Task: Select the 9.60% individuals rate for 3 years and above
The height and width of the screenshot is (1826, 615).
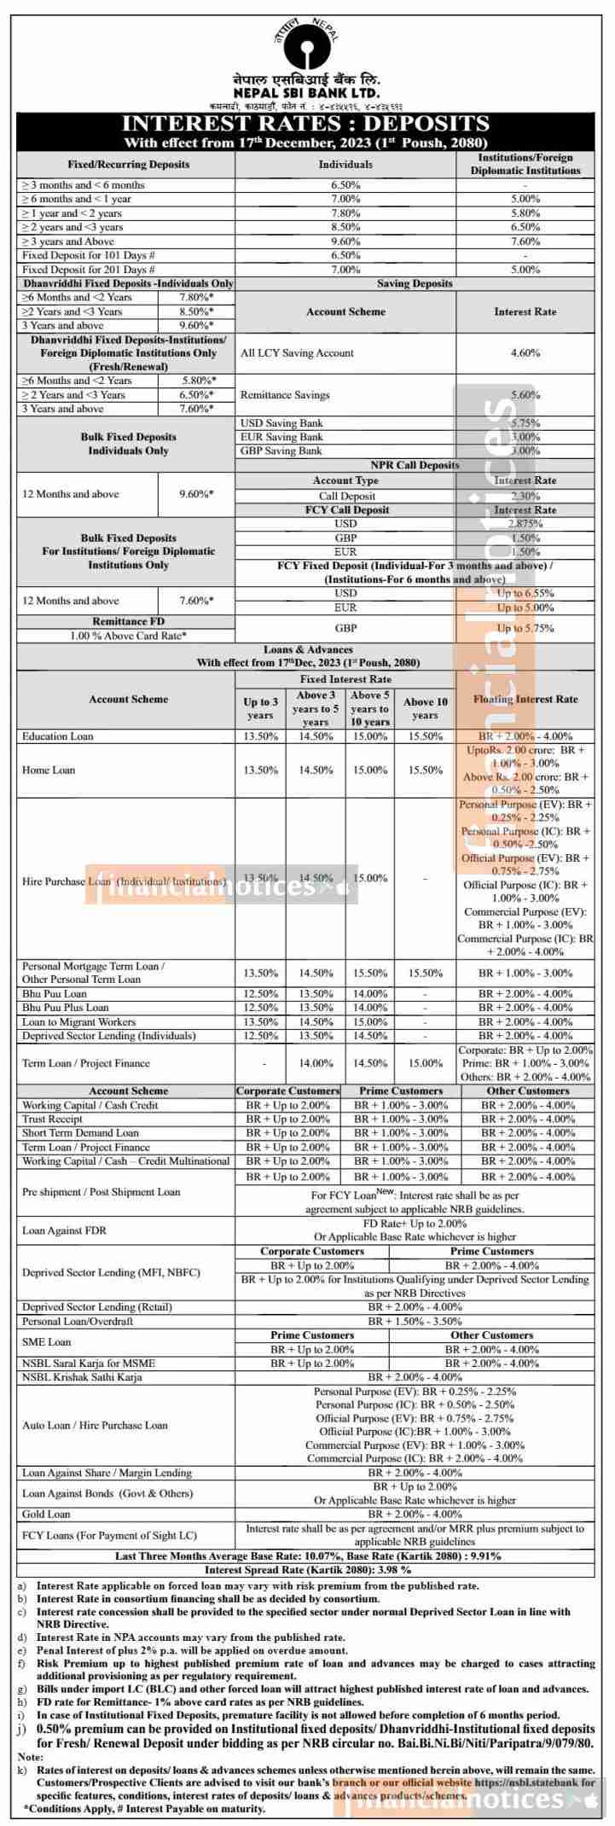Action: tap(345, 241)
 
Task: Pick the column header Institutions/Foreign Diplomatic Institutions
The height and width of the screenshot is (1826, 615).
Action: tap(525, 164)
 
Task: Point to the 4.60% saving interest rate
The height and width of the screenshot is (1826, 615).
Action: tap(525, 352)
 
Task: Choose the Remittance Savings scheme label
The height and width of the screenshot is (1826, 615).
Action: tap(285, 395)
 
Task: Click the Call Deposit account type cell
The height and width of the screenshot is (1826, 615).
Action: tap(345, 495)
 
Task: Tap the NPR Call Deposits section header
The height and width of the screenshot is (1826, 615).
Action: tap(417, 465)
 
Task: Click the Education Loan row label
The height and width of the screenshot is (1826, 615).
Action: tap(58, 736)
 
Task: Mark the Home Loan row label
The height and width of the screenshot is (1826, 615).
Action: tap(49, 770)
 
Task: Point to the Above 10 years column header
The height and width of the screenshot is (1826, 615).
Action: tap(425, 708)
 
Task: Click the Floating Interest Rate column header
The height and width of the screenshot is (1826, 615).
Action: tap(525, 700)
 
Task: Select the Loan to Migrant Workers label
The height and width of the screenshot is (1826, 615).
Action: tap(78, 1021)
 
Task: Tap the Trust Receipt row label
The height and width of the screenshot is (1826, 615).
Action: tap(53, 1119)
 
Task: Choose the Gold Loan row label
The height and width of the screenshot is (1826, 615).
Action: tap(46, 1514)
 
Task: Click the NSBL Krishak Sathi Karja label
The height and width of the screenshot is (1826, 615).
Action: tap(82, 1377)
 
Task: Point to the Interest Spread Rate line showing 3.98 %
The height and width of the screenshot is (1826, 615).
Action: tap(307, 1570)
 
